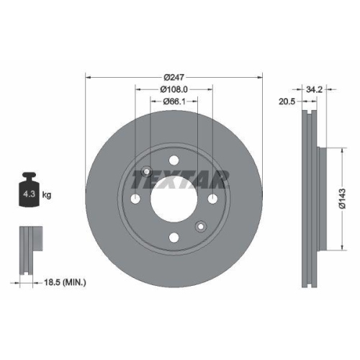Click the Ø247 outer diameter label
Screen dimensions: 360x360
[x=174, y=76]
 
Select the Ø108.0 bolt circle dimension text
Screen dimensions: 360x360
[x=174, y=89]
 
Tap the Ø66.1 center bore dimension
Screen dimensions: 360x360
[x=174, y=102]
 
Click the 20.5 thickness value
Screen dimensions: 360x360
[x=288, y=102]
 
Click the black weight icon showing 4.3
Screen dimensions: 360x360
[x=29, y=192]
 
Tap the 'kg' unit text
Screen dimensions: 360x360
[x=46, y=195]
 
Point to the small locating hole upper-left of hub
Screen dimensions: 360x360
[x=147, y=171]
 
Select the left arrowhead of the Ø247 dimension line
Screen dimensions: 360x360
[x=88, y=76]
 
